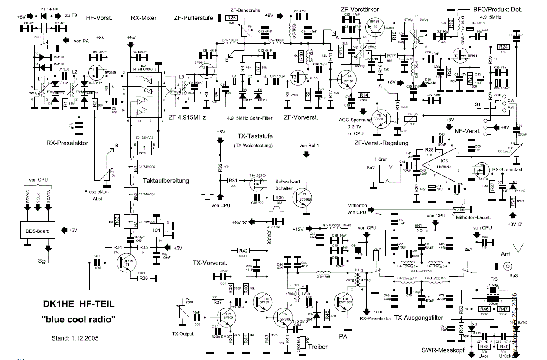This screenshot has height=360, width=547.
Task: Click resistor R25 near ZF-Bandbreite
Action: [231, 18]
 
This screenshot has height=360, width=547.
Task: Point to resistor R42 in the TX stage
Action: [244, 251]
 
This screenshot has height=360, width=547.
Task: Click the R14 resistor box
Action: [364, 95]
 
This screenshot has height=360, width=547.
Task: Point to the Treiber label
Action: [319, 347]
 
